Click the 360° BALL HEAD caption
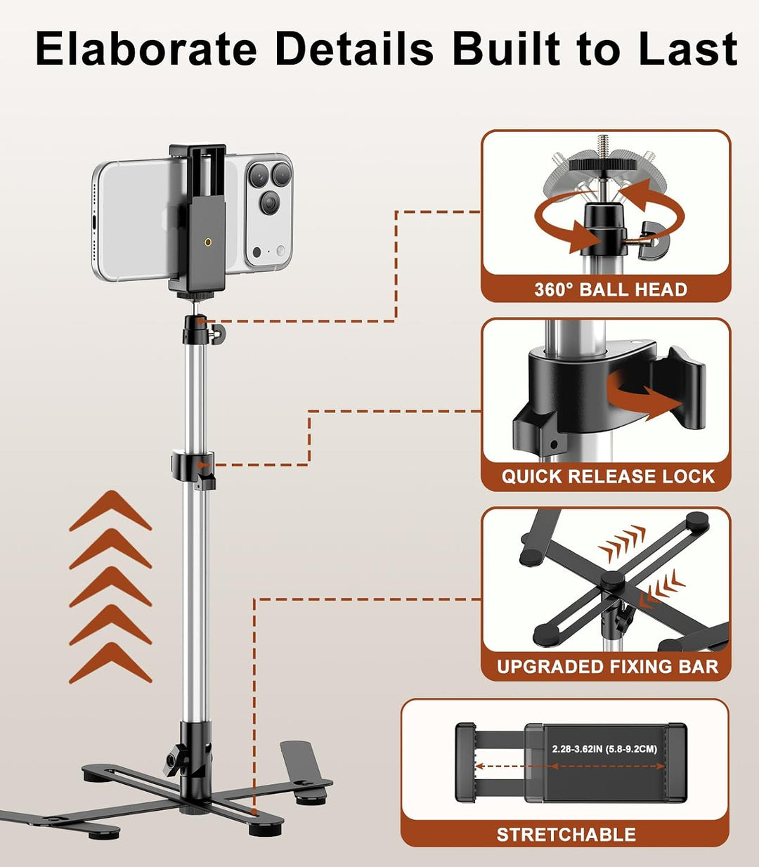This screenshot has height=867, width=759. click(610, 289)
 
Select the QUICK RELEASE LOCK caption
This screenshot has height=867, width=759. click(608, 476)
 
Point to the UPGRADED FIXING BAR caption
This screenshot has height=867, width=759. click(608, 666)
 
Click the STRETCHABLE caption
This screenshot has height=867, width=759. click(566, 835)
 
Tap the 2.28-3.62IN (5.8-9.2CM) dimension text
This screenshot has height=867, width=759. click(604, 749)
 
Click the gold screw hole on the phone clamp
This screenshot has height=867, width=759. click(207, 242)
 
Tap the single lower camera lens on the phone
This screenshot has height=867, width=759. click(270, 202)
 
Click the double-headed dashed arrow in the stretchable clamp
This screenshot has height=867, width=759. click(570, 766)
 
